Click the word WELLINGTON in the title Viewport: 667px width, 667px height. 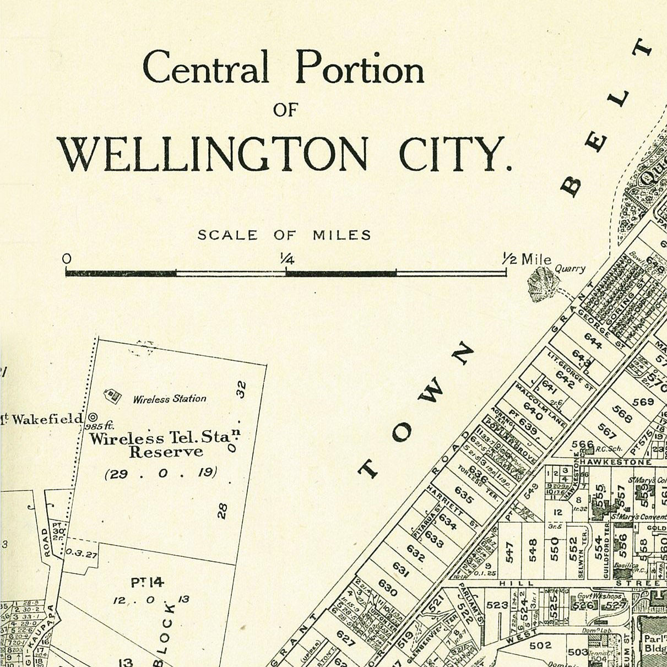213,155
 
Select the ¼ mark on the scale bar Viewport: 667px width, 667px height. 286,258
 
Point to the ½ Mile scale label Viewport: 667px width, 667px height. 527,259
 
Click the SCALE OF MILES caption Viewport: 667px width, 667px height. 284,235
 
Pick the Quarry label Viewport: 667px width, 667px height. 570,269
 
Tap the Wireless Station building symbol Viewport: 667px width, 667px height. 112,395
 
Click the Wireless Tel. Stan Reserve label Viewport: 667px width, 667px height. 165,445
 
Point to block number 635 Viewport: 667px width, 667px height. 464,495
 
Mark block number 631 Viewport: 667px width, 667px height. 401,570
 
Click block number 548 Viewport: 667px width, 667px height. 533,550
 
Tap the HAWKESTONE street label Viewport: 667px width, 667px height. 615,462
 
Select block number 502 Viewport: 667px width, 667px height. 540,645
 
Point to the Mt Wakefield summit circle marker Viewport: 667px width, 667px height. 93,417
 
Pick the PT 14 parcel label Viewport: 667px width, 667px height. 147,582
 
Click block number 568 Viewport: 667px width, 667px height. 621,413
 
